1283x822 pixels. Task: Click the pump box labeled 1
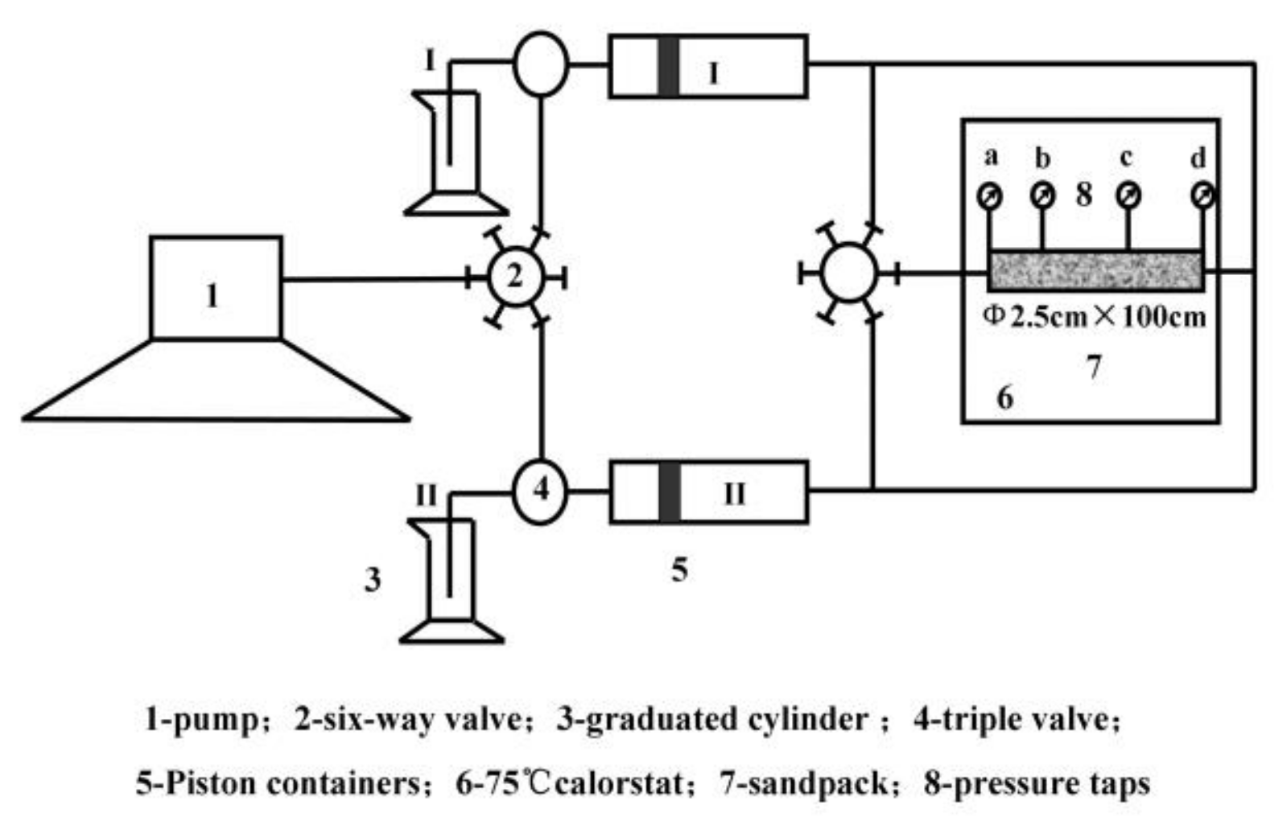(216, 288)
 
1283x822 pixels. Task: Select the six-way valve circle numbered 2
(516, 277)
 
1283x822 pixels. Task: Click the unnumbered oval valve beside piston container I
(541, 64)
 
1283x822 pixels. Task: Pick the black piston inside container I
(668, 66)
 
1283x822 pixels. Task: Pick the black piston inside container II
(669, 492)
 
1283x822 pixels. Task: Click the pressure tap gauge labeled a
(989, 195)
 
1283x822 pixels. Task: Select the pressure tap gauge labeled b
(1042, 195)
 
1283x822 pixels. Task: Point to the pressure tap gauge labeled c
(1128, 195)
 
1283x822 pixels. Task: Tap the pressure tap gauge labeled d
(1203, 195)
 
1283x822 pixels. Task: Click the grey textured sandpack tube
(1095, 271)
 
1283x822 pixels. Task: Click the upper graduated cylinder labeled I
(456, 153)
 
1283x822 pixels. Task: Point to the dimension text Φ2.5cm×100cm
(1095, 316)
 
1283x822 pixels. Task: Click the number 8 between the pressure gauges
(1084, 194)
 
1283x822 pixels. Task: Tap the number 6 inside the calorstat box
(1005, 397)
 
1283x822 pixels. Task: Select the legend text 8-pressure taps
(1037, 783)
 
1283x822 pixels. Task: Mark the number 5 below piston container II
(679, 569)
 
